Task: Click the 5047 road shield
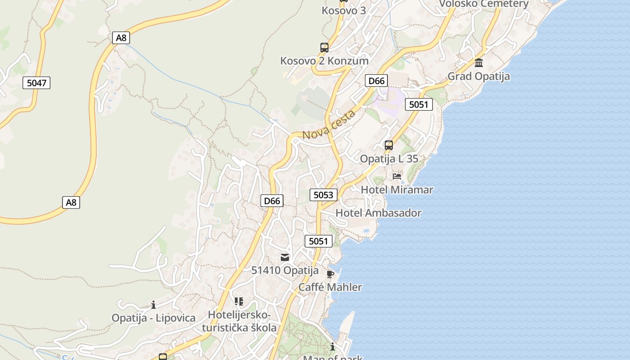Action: coord(36,83)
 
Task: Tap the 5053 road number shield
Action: coord(323,195)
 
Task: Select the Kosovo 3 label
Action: coord(344,10)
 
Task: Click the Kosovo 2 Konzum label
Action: coord(324,61)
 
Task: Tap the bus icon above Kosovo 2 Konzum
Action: coord(324,47)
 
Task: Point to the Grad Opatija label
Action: coord(478,76)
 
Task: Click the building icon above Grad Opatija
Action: coord(478,63)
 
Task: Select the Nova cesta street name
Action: coord(328,125)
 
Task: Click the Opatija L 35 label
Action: coord(389,159)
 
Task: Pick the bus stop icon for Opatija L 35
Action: coord(388,145)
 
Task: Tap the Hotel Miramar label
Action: coord(397,190)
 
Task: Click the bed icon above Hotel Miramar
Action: coord(396,176)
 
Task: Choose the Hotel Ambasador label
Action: coord(378,213)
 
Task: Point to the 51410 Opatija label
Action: coord(285,271)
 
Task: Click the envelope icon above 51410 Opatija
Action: coord(285,257)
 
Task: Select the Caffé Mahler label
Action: coord(330,287)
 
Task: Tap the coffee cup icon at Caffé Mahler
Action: coord(330,274)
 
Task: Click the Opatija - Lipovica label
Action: coord(153,318)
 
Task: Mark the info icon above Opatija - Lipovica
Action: coord(153,305)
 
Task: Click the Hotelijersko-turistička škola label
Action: coord(239,321)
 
